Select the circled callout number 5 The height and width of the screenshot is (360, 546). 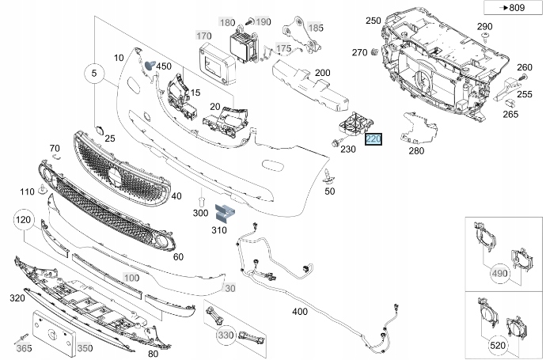point(93,75)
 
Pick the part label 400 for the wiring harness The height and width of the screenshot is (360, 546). point(299,312)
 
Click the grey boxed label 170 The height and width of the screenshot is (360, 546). point(204,36)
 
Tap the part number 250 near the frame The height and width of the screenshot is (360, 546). point(373,21)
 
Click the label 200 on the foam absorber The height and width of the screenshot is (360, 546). point(322,73)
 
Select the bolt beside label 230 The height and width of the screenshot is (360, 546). point(336,145)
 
